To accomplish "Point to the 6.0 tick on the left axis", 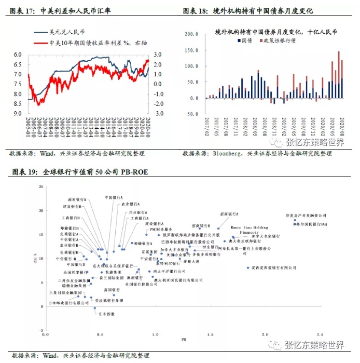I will pyautogui.click(x=18, y=55).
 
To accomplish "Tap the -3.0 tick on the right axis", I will pyautogui.click(x=159, y=113).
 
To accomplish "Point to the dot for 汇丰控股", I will pyautogui.click(x=95, y=308).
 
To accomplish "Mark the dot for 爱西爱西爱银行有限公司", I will pyautogui.click(x=248, y=267).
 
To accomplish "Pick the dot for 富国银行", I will pyautogui.click(x=114, y=294).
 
